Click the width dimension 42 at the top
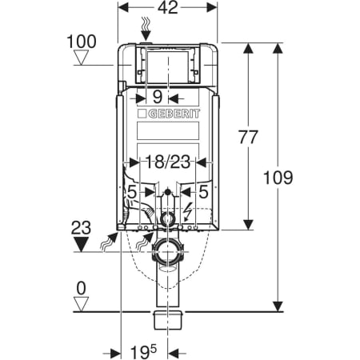(x=167, y=7)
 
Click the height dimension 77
(x=248, y=137)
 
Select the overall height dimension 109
(x=278, y=178)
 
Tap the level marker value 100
(x=82, y=42)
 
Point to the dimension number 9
(x=158, y=97)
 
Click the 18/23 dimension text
(x=168, y=162)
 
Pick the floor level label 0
(x=81, y=288)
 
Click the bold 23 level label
(x=81, y=227)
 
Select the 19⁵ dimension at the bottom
(x=143, y=352)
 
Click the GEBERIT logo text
(x=174, y=114)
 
